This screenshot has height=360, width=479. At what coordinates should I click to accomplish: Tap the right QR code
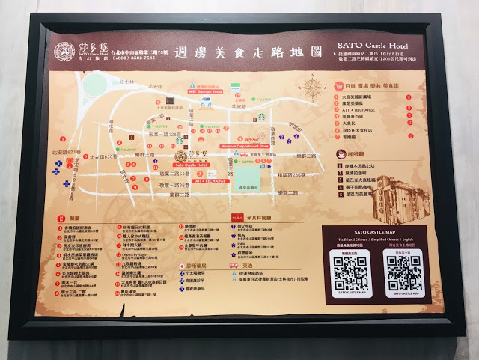coord(403,272)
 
